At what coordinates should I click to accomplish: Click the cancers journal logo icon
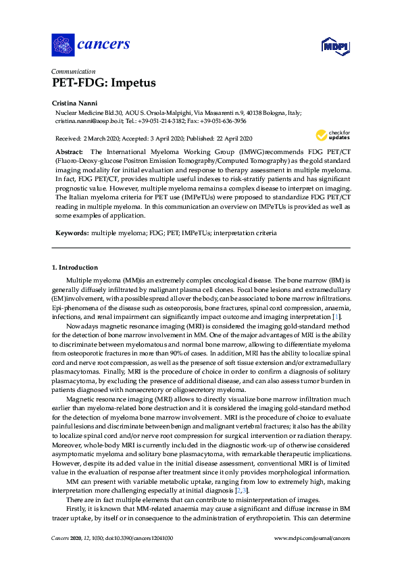63,45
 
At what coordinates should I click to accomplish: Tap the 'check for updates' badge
332,134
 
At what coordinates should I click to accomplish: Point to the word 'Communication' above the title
74,70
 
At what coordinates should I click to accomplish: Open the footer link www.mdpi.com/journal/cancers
311,558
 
